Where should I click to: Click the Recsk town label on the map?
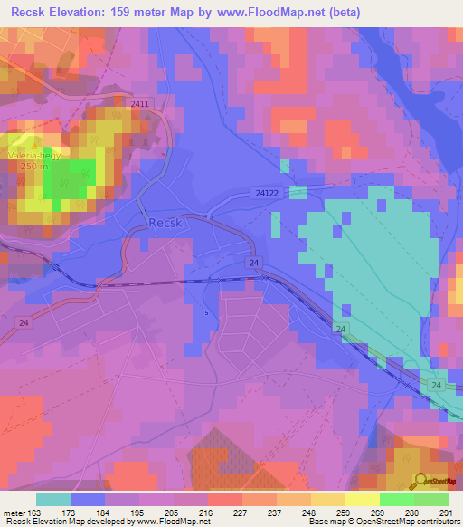click(167, 223)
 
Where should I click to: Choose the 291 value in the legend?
click(445, 513)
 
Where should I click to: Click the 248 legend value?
click(283, 513)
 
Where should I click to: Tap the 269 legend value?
click(352, 513)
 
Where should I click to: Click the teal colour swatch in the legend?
click(52, 499)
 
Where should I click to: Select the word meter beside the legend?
click(12, 513)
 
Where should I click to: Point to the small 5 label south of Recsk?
click(206, 313)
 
